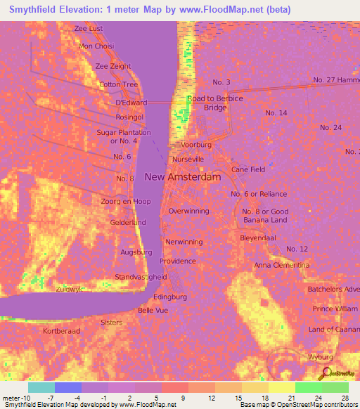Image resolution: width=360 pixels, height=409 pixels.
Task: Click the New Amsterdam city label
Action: tap(183, 177)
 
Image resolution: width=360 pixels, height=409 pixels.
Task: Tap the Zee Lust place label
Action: tap(89, 28)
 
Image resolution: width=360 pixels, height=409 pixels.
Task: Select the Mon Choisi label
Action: tap(96, 46)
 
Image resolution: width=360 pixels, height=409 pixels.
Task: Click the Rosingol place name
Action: tap(115, 117)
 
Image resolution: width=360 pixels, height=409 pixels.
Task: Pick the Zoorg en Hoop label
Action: tap(126, 202)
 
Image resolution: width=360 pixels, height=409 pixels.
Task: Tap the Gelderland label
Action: tap(127, 223)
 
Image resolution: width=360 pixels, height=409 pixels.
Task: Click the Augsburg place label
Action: tap(136, 252)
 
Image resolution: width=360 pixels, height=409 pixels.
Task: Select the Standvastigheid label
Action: tap(141, 277)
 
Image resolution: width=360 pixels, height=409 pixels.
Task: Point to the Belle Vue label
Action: tap(153, 310)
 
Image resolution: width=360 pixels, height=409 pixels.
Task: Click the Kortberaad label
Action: tap(62, 330)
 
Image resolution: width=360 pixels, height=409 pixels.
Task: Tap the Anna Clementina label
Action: tap(281, 265)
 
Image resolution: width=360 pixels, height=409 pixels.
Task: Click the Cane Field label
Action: tap(248, 169)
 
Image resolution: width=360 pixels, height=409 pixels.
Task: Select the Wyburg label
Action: tap(320, 358)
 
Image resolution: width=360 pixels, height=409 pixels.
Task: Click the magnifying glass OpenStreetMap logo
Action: tap(325, 374)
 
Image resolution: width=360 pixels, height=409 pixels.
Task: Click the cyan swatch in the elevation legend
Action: tap(41, 387)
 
